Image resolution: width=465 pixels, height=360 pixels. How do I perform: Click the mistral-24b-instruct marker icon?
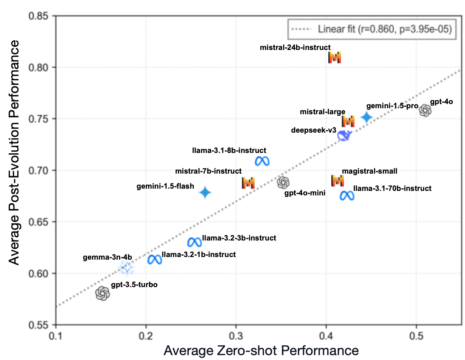click(334, 57)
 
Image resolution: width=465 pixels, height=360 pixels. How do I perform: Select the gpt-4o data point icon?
click(425, 110)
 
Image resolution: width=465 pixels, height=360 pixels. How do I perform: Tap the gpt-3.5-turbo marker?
click(103, 293)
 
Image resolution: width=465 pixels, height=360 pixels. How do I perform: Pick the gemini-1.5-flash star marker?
click(205, 192)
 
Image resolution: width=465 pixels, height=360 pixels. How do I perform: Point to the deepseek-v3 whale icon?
click(344, 136)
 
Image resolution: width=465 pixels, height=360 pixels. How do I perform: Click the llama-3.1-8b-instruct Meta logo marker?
click(262, 161)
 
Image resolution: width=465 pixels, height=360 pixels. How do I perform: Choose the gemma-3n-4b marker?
click(127, 268)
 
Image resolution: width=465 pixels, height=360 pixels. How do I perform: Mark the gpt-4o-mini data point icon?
click(284, 183)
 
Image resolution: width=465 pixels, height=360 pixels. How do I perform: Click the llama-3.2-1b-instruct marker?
click(155, 259)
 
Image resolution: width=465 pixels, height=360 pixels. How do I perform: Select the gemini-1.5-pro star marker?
click(367, 117)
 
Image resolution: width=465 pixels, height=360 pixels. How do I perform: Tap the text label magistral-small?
click(369, 171)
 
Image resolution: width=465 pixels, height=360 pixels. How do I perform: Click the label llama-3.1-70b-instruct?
click(392, 188)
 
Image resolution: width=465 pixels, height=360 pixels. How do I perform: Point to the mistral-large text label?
click(322, 112)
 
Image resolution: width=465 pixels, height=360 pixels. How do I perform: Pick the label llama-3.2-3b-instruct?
click(239, 238)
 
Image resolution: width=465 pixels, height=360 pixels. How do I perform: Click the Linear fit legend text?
click(385, 29)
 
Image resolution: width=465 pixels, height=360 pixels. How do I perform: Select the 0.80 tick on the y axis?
click(39, 68)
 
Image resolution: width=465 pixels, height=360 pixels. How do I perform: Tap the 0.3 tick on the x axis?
click(236, 335)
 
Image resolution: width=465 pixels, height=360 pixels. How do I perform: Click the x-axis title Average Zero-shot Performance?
click(261, 351)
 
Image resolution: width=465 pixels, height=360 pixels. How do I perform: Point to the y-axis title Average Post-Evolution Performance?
click(14, 153)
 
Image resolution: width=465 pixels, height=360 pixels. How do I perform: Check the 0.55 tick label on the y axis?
click(39, 325)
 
